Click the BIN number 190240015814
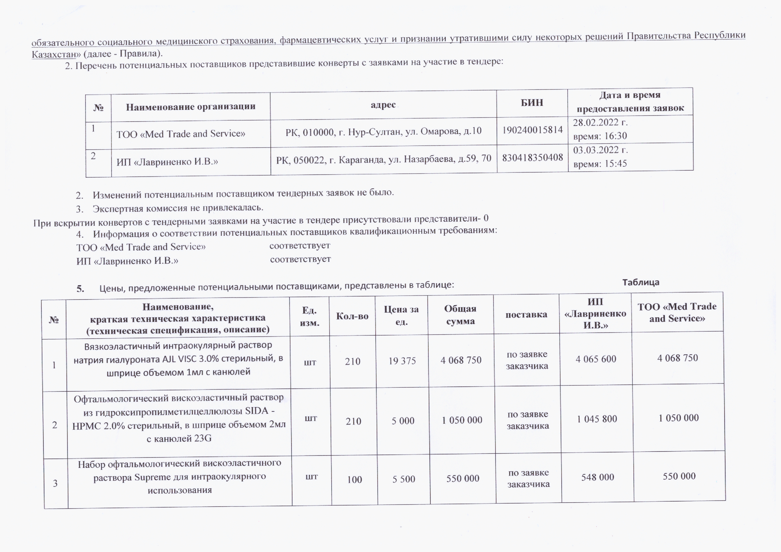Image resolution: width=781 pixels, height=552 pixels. tap(532, 130)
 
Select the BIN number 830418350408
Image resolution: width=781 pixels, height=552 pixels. tap(532, 157)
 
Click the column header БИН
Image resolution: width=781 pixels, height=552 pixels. tap(532, 103)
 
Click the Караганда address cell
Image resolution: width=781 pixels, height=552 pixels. tap(384, 159)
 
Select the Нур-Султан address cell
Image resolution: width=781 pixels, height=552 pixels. tap(383, 131)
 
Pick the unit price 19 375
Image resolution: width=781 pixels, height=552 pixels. tap(402, 361)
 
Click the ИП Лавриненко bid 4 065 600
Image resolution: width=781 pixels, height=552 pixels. tap(596, 359)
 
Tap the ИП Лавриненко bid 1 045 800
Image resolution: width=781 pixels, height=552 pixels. tap(597, 419)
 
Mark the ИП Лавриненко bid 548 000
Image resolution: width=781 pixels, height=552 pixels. tap(597, 477)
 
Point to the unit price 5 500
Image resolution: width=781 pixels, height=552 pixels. tap(403, 479)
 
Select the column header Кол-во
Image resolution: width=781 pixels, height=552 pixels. tap(352, 316)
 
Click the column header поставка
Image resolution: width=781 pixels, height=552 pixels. tap(526, 314)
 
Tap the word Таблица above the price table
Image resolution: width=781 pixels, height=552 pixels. tap(640, 282)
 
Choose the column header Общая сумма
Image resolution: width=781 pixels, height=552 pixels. tap(460, 315)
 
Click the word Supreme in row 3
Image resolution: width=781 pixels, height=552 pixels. tap(148, 477)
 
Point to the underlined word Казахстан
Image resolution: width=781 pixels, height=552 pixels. tap(54, 54)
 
